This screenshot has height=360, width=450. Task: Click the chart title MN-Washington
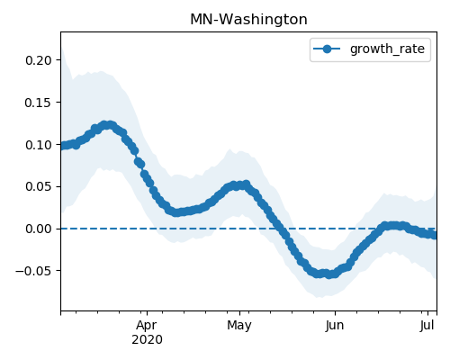[x=248, y=20]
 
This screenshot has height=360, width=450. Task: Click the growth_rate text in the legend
[x=387, y=49]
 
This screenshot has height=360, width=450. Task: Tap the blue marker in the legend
[x=327, y=49]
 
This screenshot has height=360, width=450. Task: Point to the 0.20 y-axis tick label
[x=39, y=60]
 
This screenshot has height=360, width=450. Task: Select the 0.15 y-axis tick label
[x=39, y=103]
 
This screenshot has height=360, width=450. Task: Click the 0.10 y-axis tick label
[x=39, y=145]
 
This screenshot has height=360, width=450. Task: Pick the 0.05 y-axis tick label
[x=39, y=186]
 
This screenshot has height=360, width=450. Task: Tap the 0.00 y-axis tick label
[x=39, y=229]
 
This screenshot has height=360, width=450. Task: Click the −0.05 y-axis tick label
[x=34, y=271]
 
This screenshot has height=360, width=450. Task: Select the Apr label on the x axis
[x=147, y=326]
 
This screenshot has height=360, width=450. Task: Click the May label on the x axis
[x=239, y=326]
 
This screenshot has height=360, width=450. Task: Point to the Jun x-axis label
[x=335, y=326]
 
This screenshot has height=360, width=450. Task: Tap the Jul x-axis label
[x=427, y=326]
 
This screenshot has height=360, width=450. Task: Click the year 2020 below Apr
[x=147, y=340]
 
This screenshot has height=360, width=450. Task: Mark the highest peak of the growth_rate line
[x=104, y=125]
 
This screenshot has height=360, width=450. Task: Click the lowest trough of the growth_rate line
[x=329, y=274]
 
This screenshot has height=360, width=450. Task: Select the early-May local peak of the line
[x=247, y=184]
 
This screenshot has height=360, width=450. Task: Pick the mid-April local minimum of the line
[x=176, y=212]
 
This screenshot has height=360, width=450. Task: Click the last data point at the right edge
[x=435, y=236]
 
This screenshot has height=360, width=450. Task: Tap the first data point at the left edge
[x=62, y=146]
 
